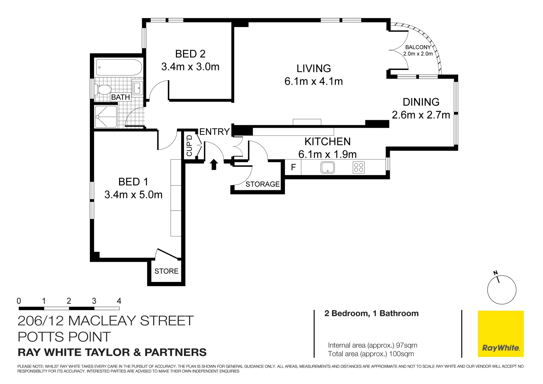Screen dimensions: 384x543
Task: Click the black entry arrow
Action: (214, 164)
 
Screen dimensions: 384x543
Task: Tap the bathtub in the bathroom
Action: (119, 68)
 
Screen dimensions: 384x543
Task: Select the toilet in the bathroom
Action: (103, 89)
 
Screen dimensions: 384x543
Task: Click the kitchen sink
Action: (327, 167)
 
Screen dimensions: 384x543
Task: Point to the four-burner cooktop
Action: (359, 167)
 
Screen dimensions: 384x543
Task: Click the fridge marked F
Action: (294, 167)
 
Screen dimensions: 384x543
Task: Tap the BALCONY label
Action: (418, 47)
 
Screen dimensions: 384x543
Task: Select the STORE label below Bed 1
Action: (166, 271)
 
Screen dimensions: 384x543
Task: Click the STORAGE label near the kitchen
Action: (263, 184)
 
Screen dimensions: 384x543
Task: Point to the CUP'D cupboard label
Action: (189, 145)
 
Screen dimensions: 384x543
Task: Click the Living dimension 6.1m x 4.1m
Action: (313, 81)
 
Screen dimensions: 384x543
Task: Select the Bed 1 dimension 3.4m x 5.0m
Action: (133, 195)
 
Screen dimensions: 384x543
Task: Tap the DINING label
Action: (421, 102)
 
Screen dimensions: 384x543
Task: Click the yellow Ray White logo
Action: (501, 334)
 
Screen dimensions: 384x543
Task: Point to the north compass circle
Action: (502, 290)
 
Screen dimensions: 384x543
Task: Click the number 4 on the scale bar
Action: (119, 301)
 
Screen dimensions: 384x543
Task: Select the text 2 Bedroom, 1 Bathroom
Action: (371, 313)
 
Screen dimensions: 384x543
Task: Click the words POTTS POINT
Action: (64, 337)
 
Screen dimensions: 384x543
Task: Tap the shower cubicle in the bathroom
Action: (106, 117)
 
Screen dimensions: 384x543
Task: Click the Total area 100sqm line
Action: (371, 354)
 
